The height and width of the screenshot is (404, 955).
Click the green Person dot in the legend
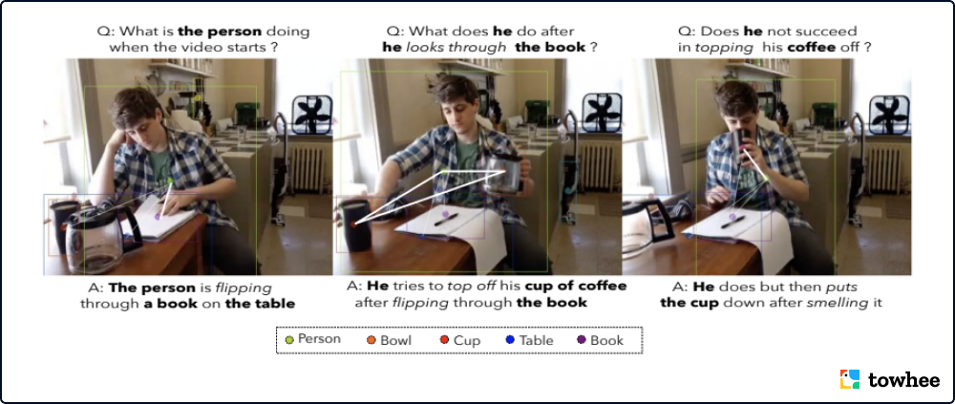288,339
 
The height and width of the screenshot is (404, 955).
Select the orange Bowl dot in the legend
371,340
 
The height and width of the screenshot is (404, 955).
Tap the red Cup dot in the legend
445,340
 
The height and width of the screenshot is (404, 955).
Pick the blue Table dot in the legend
510,340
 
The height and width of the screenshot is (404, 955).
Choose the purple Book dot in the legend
581,340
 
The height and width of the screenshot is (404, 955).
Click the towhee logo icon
850,378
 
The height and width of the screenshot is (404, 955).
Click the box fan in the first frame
312,115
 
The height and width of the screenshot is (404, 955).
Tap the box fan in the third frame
889,115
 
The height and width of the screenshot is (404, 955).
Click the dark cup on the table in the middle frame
356,225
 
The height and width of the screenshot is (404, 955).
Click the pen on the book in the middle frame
446,220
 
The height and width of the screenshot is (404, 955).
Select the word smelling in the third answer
843,302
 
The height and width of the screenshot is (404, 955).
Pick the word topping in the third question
713,48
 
